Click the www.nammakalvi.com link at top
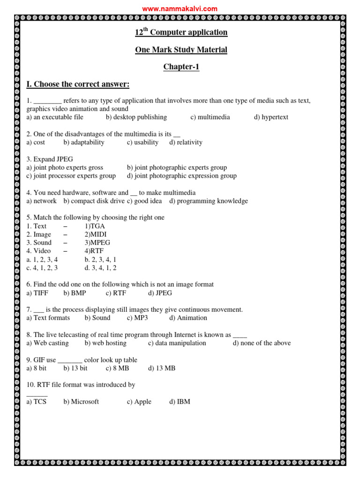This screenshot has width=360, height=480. pyautogui.click(x=180, y=8)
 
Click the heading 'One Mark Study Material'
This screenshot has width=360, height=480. pyautogui.click(x=181, y=50)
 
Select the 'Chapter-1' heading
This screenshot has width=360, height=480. pyautogui.click(x=181, y=67)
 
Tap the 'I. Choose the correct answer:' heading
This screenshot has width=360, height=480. pyautogui.click(x=78, y=84)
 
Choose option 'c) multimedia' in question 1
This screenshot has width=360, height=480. pyautogui.click(x=210, y=117)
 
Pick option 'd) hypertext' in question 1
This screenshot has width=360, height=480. pyautogui.click(x=271, y=117)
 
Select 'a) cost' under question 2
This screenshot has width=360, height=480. pyautogui.click(x=36, y=142)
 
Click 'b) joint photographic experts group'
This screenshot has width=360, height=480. pyautogui.click(x=177, y=167)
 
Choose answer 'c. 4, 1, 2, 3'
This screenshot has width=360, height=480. pyautogui.click(x=42, y=268)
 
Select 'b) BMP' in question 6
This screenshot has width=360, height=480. pyautogui.click(x=75, y=293)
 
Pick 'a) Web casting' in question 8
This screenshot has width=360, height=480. pyautogui.click(x=47, y=343)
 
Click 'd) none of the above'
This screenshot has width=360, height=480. pyautogui.click(x=262, y=343)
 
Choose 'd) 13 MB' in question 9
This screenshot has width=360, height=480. pyautogui.click(x=162, y=368)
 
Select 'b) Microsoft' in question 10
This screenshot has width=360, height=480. pyautogui.click(x=81, y=402)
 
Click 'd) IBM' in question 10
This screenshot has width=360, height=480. pyautogui.click(x=180, y=402)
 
